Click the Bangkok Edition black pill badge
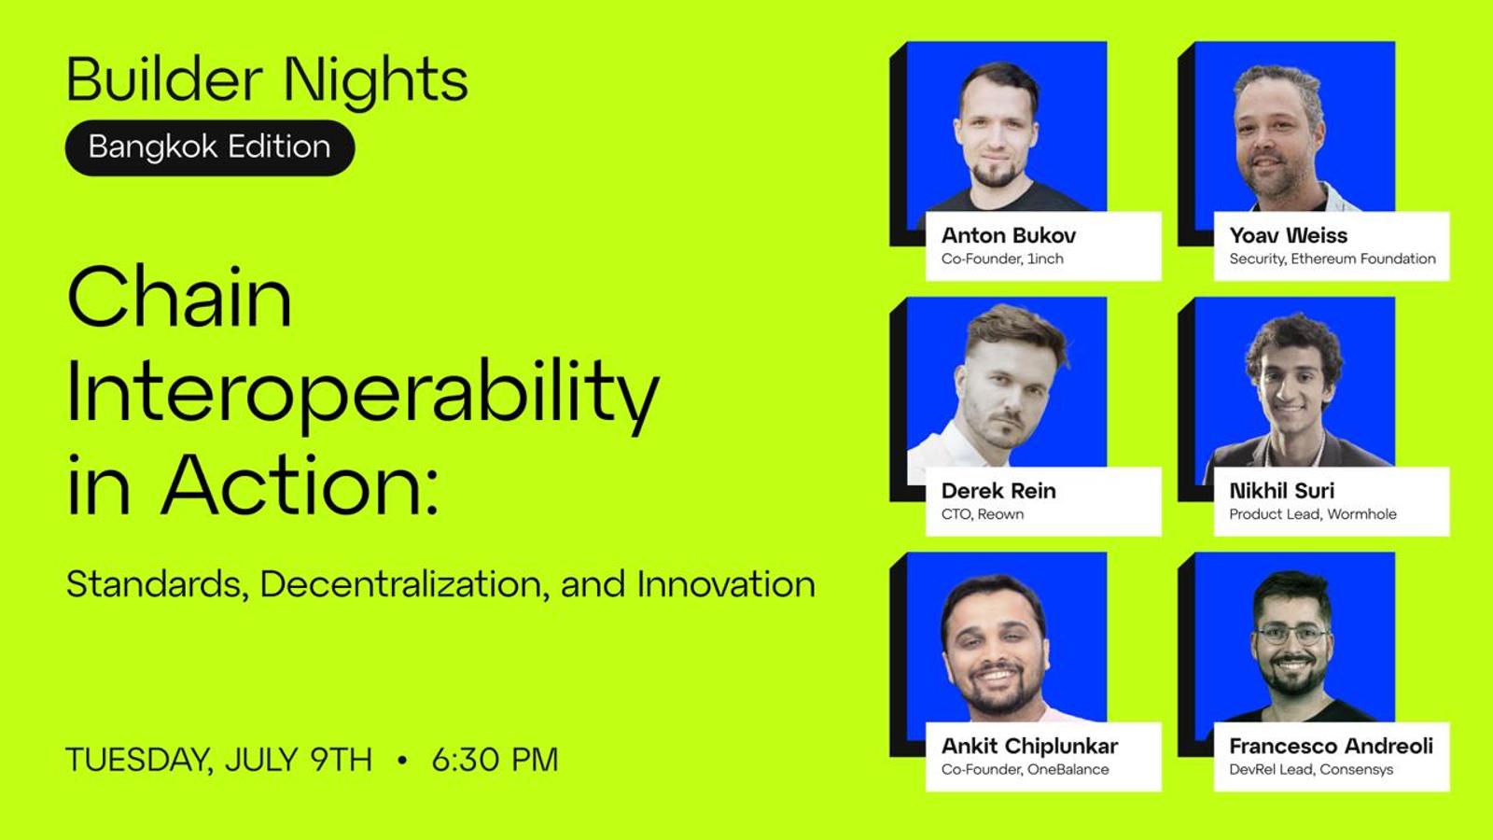click(x=210, y=147)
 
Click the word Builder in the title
click(x=164, y=79)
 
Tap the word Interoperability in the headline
click(x=363, y=393)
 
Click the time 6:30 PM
click(x=495, y=760)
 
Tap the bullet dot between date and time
click(x=401, y=760)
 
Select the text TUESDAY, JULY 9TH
click(x=219, y=761)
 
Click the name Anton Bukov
click(x=1009, y=235)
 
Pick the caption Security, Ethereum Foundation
click(x=1333, y=259)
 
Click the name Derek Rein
click(x=998, y=491)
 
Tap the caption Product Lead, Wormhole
click(x=1312, y=514)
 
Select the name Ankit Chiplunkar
click(x=1030, y=746)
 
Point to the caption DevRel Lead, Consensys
click(x=1311, y=769)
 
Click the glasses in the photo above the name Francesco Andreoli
click(x=1292, y=635)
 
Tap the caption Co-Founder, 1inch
click(x=1002, y=259)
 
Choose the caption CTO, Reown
click(x=983, y=514)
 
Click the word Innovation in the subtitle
click(x=726, y=584)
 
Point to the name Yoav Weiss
click(x=1289, y=235)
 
